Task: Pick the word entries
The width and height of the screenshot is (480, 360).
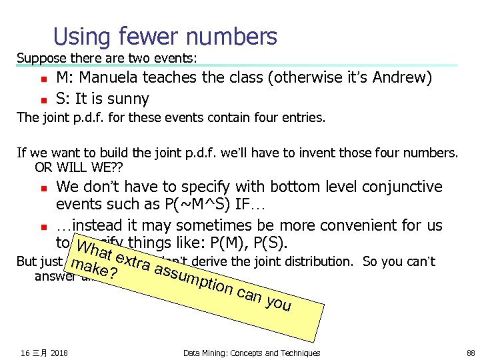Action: [303, 118]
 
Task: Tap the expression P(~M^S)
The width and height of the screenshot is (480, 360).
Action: [191, 204]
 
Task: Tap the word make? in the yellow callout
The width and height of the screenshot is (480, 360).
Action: [93, 271]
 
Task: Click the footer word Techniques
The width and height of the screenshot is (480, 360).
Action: [294, 353]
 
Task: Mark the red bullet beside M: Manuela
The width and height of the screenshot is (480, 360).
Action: [41, 79]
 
